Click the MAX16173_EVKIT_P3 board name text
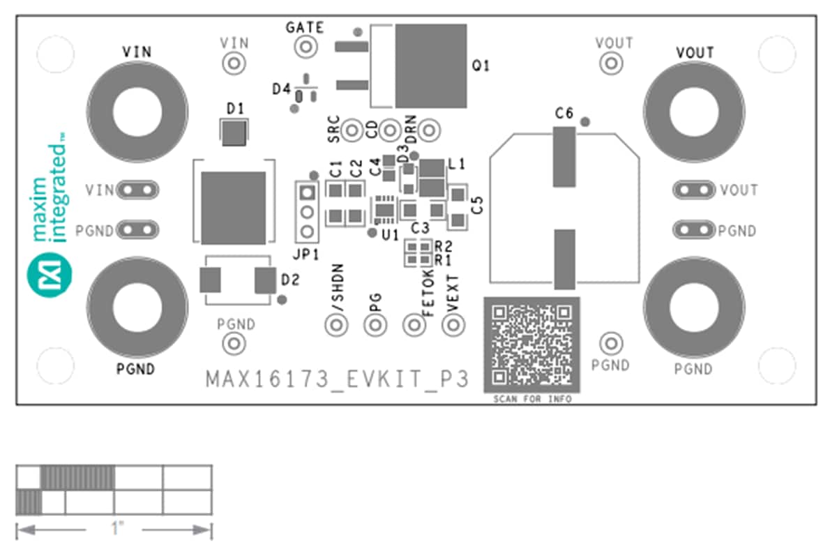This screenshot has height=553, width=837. tap(336, 380)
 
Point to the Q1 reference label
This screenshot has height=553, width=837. tap(481, 66)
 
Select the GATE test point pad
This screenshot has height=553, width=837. tap(305, 47)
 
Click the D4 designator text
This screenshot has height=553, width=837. tap(281, 89)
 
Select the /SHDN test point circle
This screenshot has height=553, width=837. tap(337, 324)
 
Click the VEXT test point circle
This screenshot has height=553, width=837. tap(455, 324)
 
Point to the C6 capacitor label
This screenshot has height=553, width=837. tap(564, 114)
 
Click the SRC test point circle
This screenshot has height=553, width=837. tap(354, 130)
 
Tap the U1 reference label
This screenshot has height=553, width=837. tap(389, 236)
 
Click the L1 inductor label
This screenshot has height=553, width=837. tap(457, 165)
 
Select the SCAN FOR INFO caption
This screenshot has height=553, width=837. tap(532, 400)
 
